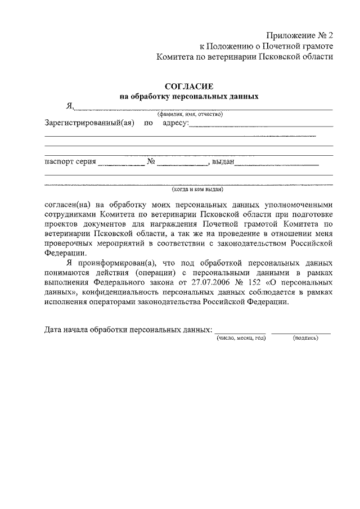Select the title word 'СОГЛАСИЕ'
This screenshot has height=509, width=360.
[x=189, y=86]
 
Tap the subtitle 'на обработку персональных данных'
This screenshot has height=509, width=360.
[x=189, y=96]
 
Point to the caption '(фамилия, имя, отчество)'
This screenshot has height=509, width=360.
[x=190, y=114]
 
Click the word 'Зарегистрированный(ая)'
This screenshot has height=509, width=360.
[x=88, y=123]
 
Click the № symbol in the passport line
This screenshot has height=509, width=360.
[x=151, y=163]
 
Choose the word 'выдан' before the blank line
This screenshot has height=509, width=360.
[x=223, y=163]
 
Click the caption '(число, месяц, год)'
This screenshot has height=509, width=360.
[x=241, y=338]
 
